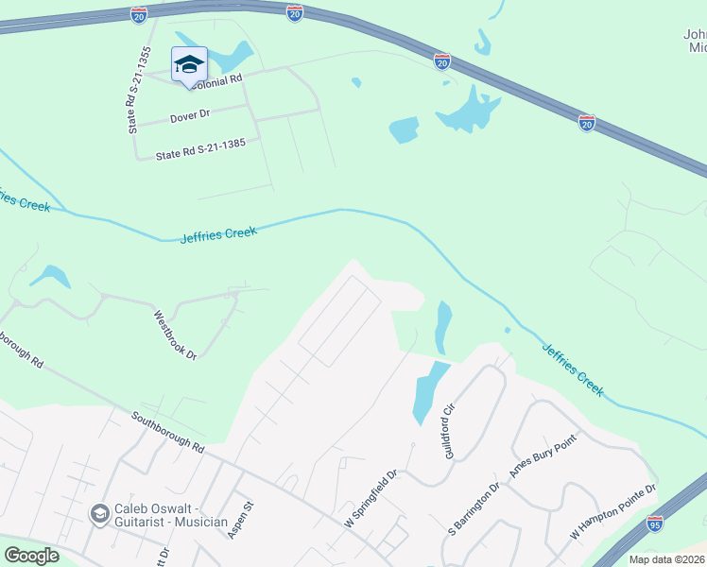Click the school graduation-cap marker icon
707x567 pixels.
pyautogui.click(x=189, y=64)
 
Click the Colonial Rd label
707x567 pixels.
pyautogui.click(x=217, y=81)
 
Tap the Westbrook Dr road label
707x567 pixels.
pyautogui.click(x=176, y=334)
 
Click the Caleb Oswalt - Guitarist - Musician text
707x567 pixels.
pyautogui.click(x=170, y=514)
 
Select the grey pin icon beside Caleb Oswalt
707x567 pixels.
pyautogui.click(x=98, y=514)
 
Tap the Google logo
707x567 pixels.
pyautogui.click(x=32, y=556)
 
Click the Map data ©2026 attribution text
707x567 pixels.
pyautogui.click(x=666, y=559)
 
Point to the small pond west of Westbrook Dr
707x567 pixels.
pyautogui.click(x=49, y=276)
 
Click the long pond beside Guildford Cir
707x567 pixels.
pyautogui.click(x=428, y=392)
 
